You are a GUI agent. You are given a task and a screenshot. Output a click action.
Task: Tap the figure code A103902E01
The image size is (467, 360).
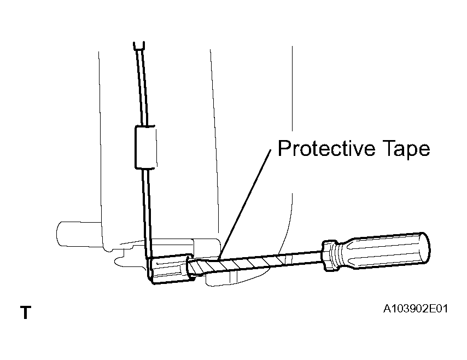pos(415,309)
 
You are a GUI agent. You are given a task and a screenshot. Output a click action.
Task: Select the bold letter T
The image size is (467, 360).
pos(26,312)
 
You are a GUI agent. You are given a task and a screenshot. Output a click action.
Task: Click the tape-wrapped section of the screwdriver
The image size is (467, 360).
pos(238,264)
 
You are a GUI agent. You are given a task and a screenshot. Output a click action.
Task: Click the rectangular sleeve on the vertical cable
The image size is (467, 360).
pos(145,147)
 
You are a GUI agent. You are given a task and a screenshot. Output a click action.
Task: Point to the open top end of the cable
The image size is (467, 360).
pos(139,45)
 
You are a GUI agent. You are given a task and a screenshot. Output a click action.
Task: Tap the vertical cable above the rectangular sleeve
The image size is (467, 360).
pos(142,86)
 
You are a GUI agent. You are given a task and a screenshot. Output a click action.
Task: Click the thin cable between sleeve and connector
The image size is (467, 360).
pos(148,212)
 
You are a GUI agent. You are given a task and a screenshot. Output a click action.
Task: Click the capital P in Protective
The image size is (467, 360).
pos(284,148)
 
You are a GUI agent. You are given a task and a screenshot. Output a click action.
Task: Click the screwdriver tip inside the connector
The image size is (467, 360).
pos(192,268)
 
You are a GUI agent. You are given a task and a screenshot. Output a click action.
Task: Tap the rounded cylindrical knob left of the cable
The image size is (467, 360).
pos(79,234)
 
